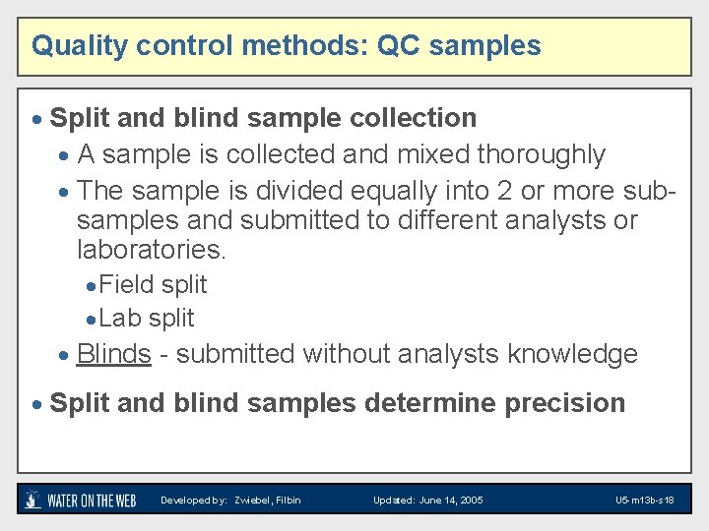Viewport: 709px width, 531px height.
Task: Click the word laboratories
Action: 151,250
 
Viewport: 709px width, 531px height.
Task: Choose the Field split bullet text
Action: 154,285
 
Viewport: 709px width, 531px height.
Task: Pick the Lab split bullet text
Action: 148,319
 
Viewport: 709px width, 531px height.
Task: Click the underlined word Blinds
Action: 113,354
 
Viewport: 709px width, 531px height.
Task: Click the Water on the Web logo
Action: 81,500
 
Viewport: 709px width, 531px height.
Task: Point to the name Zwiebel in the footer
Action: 253,501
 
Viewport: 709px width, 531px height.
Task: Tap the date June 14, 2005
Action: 450,501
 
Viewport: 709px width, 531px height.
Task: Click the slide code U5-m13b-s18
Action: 644,501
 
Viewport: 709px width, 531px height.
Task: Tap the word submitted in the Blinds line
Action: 235,354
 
